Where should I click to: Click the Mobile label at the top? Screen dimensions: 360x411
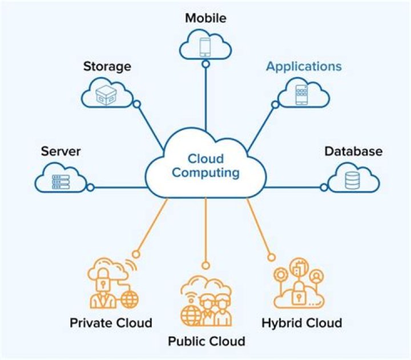[x=205, y=18]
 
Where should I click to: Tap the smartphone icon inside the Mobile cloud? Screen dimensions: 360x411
[x=205, y=46]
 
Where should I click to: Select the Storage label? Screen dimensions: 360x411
[x=107, y=66]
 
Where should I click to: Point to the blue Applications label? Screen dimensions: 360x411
[x=304, y=66]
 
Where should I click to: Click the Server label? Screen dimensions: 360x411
[x=61, y=151]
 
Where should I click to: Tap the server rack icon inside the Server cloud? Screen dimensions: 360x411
[x=61, y=181]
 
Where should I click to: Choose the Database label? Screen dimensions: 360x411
[x=353, y=151]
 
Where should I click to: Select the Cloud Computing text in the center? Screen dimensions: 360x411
[x=205, y=165]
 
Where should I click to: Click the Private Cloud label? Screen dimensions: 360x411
[x=111, y=323]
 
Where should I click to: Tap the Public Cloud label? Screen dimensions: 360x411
[x=206, y=342]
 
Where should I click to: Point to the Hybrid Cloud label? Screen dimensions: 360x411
[x=301, y=323]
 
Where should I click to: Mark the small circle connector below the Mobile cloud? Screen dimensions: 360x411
[x=205, y=64]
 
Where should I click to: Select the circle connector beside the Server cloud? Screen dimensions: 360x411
[x=90, y=187]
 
